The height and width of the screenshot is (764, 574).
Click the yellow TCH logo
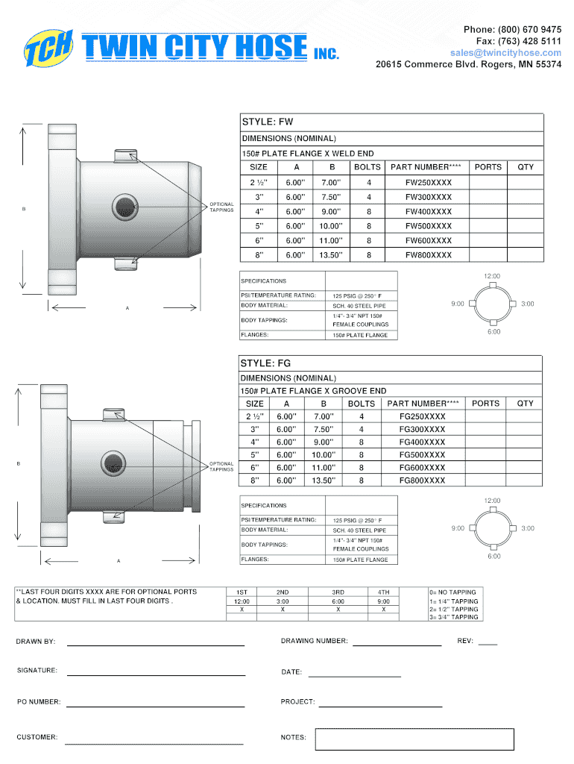tap(48, 48)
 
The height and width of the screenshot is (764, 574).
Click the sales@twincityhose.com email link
tap(505, 53)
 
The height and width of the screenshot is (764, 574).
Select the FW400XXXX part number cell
tap(429, 211)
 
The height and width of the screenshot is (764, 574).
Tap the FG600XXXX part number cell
tap(422, 467)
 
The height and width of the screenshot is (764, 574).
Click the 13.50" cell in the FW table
tap(331, 255)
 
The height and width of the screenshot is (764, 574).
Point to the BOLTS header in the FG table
tap(362, 404)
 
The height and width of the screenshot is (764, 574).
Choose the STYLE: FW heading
tap(268, 122)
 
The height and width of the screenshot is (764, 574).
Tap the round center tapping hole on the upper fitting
tap(125, 207)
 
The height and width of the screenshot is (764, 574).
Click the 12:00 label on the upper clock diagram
tap(492, 276)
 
